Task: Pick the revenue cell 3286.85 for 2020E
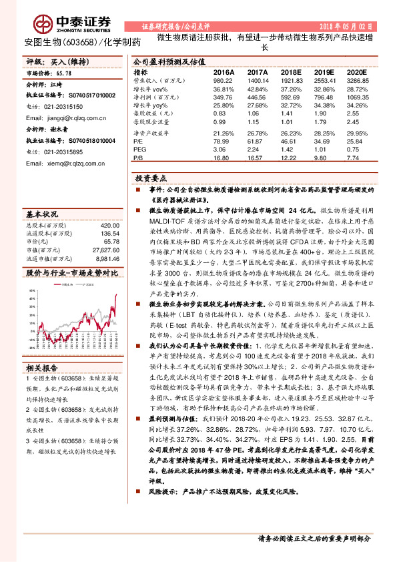[357, 79]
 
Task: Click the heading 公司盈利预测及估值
[166, 61]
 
